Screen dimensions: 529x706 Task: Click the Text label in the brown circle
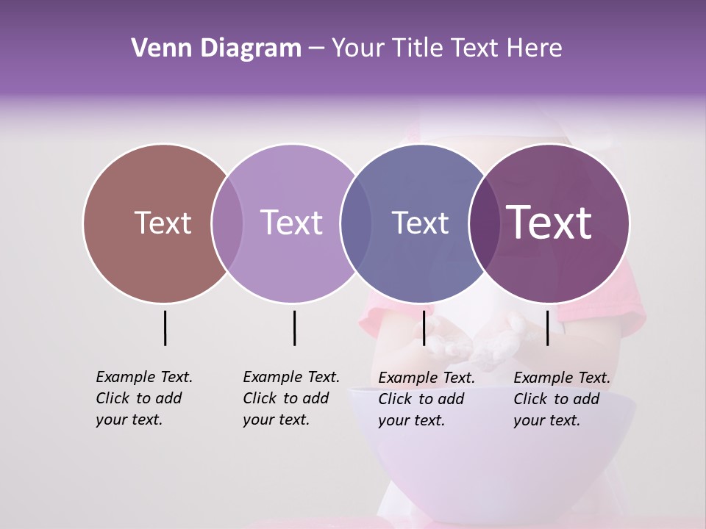[x=163, y=223]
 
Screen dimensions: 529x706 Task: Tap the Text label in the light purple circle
[x=291, y=223]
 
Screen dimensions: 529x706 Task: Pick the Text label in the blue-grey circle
[x=420, y=223]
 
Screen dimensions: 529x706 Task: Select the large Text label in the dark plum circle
[x=549, y=223]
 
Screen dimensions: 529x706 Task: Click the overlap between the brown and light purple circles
[x=227, y=223]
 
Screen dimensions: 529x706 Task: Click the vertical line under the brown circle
[x=165, y=328]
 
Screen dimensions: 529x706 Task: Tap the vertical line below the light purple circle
[x=294, y=328]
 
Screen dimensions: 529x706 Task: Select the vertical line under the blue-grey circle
[x=424, y=328]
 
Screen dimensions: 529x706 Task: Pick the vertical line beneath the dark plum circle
[x=547, y=328]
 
